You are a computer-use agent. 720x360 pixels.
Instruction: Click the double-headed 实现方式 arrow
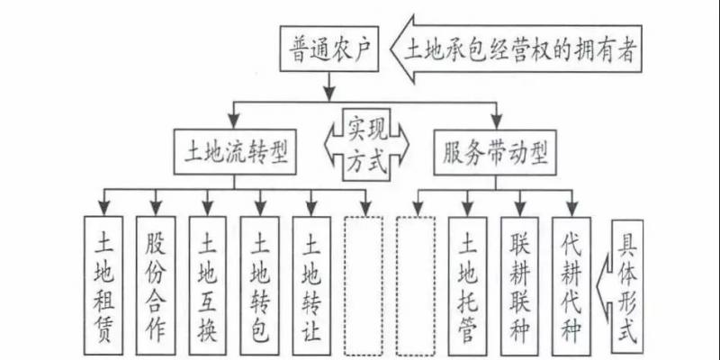point(364,144)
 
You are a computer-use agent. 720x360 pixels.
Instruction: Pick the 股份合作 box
point(155,286)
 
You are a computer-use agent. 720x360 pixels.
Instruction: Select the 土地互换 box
point(208,286)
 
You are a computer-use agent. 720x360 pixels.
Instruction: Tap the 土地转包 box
point(260,286)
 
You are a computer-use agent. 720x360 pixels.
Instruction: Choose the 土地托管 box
point(468,286)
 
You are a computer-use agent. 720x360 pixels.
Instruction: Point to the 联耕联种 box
point(520,286)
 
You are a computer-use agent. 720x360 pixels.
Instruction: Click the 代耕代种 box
point(572,286)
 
